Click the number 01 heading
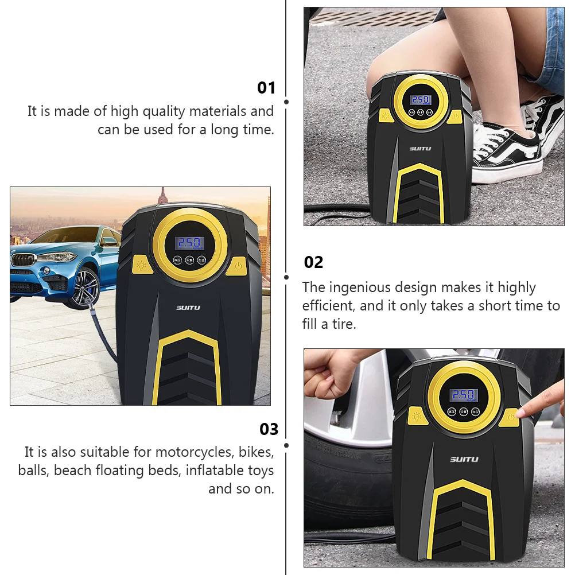266,88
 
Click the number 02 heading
313,263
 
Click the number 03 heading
269,429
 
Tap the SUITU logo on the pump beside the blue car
188,308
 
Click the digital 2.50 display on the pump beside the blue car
189,242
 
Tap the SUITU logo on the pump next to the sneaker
420,149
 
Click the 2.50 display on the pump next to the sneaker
421,100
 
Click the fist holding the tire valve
327,375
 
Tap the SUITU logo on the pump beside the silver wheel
464,459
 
